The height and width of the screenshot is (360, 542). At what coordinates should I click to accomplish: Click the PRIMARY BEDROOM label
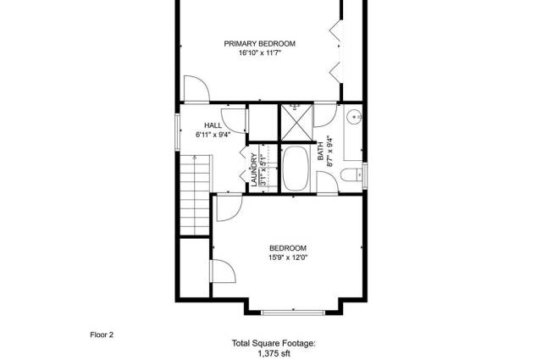coord(260,43)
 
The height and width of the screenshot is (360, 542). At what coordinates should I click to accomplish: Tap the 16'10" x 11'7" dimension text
coord(260,53)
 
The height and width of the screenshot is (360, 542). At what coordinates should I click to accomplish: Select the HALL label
coord(213,125)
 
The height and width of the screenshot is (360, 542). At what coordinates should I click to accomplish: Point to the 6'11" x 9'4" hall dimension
coord(213,135)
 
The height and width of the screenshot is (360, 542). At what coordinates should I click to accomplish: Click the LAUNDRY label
coord(254,170)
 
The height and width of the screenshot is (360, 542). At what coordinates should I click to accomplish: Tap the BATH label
coord(320,151)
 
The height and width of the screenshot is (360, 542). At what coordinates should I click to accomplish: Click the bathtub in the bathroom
coord(296,169)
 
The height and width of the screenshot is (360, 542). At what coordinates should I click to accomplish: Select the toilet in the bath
coord(351,174)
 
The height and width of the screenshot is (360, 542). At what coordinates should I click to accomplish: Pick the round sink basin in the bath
coord(354,117)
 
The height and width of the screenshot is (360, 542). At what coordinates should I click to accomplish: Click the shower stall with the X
coord(296,123)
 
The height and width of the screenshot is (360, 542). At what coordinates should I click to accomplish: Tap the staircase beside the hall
coord(195,195)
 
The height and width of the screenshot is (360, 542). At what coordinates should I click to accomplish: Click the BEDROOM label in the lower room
coord(288,248)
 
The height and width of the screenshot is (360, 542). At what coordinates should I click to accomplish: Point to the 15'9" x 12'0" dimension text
coord(288,258)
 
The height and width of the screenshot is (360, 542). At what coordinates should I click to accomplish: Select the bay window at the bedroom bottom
coord(293,313)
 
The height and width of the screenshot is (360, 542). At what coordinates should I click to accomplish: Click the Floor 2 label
coord(102,335)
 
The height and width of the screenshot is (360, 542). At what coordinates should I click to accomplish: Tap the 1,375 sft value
coord(274,353)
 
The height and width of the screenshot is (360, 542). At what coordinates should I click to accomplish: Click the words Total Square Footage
coord(274,343)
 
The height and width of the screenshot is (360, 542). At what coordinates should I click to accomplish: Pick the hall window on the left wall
coord(177,132)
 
